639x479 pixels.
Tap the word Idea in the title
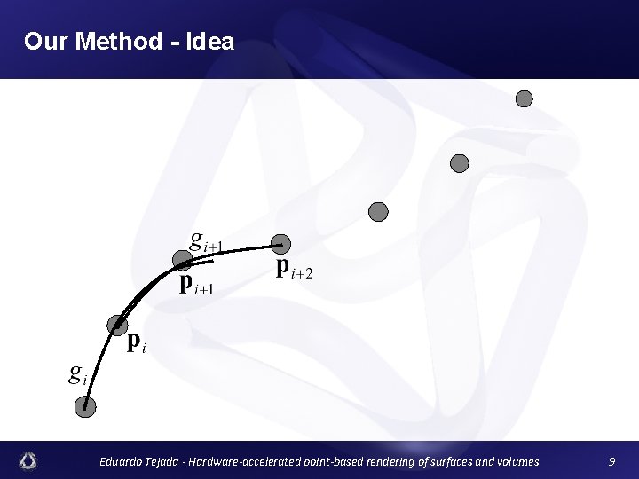[209, 41]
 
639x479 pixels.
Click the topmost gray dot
[525, 98]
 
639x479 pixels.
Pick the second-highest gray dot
[459, 163]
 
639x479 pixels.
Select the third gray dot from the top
[378, 211]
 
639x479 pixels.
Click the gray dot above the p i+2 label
[280, 243]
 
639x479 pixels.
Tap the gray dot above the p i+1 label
[183, 260]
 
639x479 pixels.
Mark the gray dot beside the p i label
[117, 325]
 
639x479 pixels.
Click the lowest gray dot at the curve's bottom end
[85, 407]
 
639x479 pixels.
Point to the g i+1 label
[208, 240]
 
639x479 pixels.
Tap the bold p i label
[136, 342]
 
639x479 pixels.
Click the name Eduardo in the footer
[123, 461]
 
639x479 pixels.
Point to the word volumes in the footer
[511, 461]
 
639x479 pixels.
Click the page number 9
[611, 461]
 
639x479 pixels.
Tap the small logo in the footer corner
[29, 460]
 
